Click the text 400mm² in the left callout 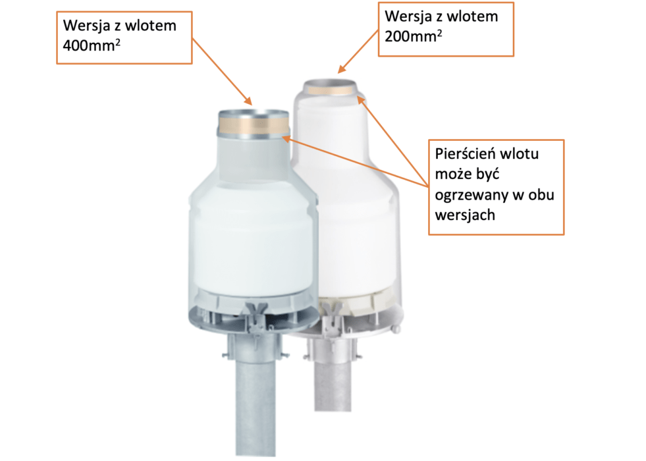coord(92,45)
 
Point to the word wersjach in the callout coord(465,215)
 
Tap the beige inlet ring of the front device coord(253,125)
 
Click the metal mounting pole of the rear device coord(333,383)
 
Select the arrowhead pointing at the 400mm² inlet coord(248,101)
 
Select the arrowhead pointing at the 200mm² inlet coord(342,68)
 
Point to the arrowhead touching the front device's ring coord(287,139)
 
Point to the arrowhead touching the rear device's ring coord(361,100)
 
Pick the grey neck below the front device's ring coord(254,159)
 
